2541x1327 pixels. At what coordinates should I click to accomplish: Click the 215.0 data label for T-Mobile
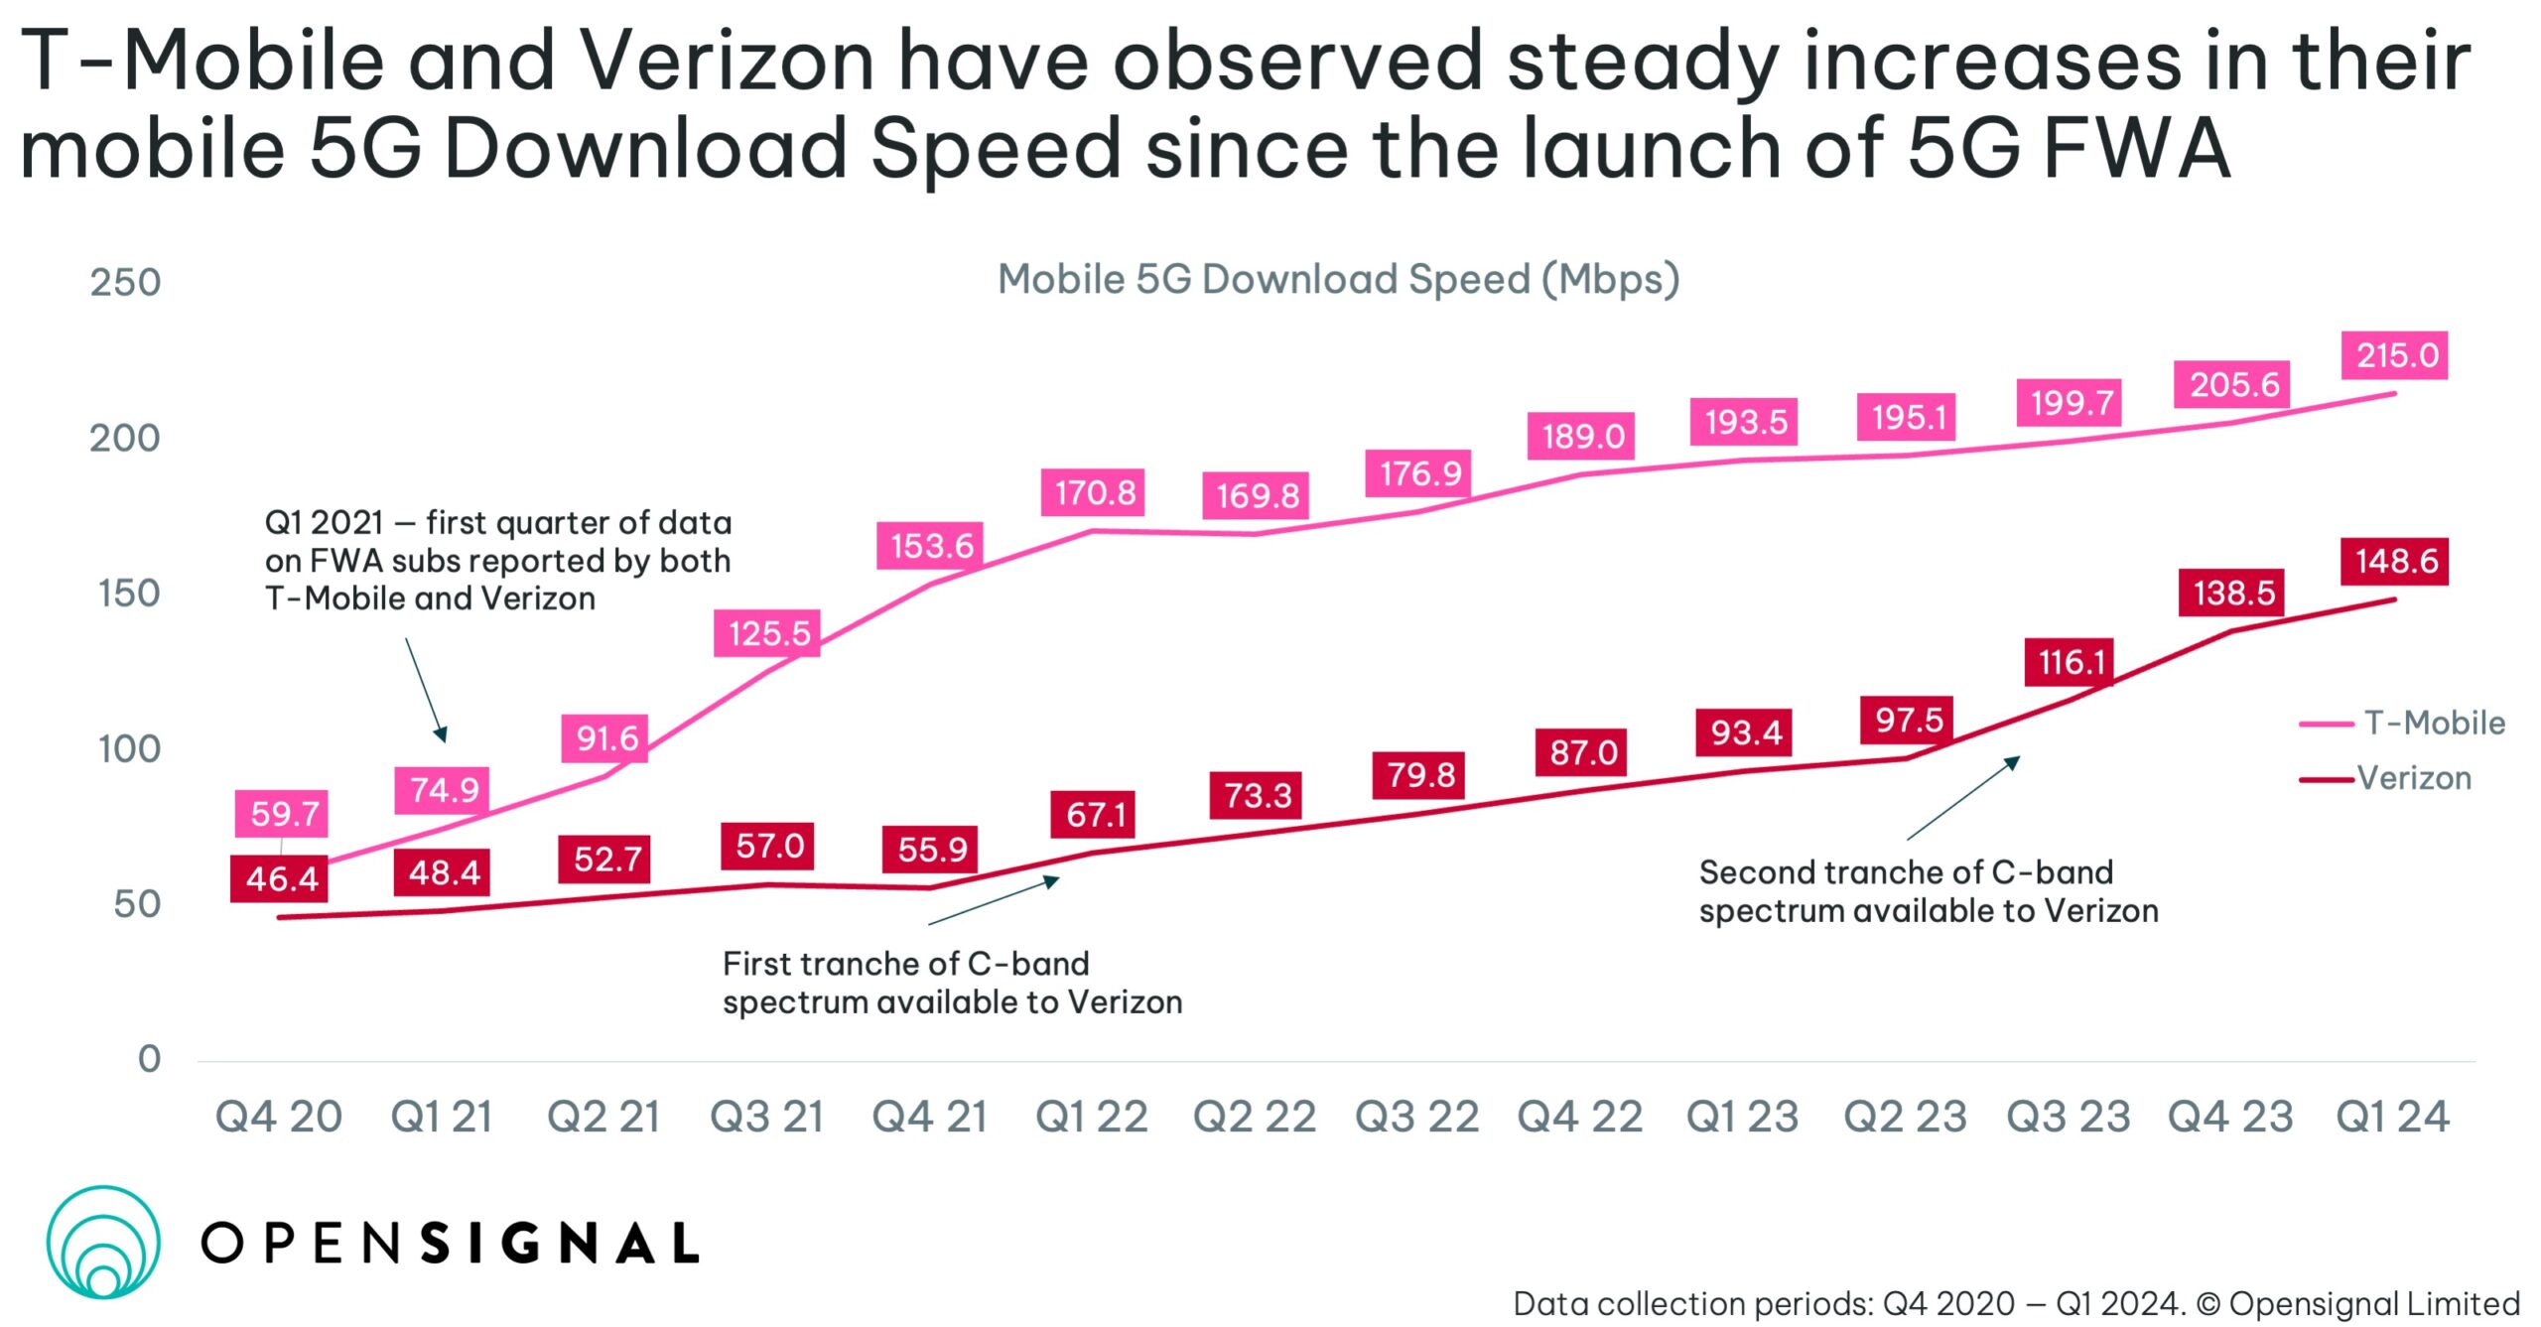tap(2394, 355)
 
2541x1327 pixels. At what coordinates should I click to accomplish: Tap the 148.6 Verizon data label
tap(2394, 562)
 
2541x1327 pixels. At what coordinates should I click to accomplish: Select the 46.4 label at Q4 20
tap(281, 878)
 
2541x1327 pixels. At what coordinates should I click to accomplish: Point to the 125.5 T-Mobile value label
tap(767, 633)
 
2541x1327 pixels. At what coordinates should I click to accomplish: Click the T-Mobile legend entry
tap(2402, 723)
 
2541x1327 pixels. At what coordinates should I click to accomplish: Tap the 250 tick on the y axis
tap(125, 283)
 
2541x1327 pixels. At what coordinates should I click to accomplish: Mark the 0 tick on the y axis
tap(149, 1059)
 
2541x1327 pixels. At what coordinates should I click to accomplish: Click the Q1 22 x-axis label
tap(1092, 1117)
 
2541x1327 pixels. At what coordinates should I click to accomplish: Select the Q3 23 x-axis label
tap(2068, 1117)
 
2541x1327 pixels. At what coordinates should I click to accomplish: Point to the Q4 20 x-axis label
tap(279, 1117)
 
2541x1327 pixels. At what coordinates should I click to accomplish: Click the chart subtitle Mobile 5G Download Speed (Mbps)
tap(1338, 280)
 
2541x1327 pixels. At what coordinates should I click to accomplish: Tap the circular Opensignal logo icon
tap(103, 1242)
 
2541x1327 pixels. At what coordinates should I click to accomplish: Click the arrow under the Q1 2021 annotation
tap(426, 690)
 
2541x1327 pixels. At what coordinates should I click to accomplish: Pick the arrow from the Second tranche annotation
tap(1963, 798)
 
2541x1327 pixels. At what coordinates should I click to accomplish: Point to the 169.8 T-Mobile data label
tap(1257, 495)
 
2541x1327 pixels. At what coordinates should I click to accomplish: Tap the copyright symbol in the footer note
tap(2209, 1303)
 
